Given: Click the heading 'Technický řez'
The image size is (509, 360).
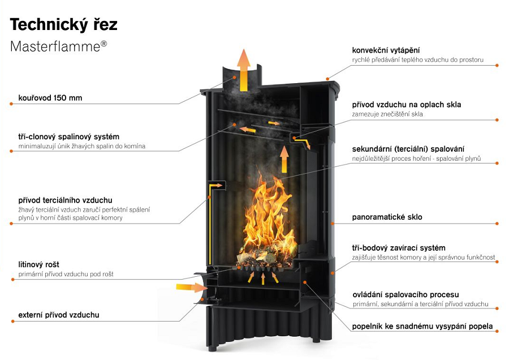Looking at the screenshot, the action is click(63, 24).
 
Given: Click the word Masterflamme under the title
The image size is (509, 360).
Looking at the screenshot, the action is click(55, 46).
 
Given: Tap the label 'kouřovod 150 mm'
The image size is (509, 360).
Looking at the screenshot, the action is click(50, 98).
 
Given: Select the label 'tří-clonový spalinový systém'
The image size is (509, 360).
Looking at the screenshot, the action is click(69, 137).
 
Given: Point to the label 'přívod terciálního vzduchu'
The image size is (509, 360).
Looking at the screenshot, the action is click(65, 200).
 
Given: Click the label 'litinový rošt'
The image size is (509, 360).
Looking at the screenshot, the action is click(38, 264).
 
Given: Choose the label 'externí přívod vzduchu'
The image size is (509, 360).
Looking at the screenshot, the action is click(59, 315).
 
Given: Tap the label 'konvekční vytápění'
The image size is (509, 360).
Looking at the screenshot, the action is click(386, 50).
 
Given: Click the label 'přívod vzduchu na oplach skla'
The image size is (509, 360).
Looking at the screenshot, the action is click(407, 105).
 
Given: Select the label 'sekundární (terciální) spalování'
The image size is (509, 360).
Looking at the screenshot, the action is click(408, 149).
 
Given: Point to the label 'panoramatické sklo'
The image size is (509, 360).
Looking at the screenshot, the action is click(387, 217).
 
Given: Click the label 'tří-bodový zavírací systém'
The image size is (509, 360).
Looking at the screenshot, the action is click(399, 248).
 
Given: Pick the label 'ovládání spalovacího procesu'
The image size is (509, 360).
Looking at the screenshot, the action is click(406, 295).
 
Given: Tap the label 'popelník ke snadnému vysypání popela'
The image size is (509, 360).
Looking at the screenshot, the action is click(422, 326).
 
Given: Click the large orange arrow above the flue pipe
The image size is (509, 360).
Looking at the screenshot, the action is click(244, 70).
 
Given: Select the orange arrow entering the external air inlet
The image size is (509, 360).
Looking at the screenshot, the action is click(192, 287).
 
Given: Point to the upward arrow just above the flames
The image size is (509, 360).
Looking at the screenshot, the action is click(284, 159).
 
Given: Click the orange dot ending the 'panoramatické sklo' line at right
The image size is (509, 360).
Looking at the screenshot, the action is click(497, 224).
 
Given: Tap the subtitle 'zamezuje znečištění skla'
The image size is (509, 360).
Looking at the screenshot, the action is click(387, 114).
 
